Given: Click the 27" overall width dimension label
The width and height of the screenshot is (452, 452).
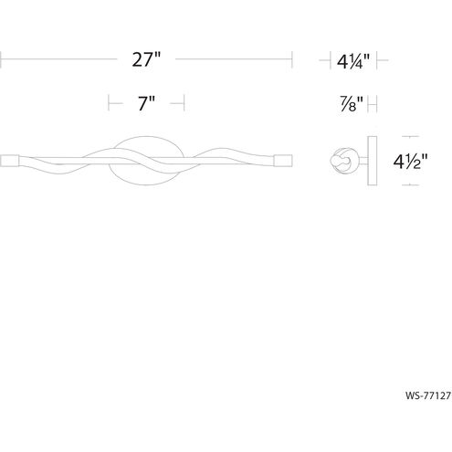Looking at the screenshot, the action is click(x=146, y=59).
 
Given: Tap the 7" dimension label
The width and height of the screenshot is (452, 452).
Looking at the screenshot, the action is click(x=147, y=103).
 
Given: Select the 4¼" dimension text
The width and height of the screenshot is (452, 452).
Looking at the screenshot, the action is click(x=353, y=61).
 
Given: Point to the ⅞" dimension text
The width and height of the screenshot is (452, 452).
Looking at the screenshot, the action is click(x=352, y=104).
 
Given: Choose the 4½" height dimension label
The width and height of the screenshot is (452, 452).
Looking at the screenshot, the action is click(x=410, y=162).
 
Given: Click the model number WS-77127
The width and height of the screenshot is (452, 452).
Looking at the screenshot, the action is click(x=428, y=395).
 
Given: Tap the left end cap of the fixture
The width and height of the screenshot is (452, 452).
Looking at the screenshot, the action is click(x=10, y=161).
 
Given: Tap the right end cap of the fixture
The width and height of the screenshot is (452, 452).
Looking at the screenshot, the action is click(x=283, y=161).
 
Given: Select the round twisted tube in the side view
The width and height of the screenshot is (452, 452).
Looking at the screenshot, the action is click(x=344, y=161).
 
